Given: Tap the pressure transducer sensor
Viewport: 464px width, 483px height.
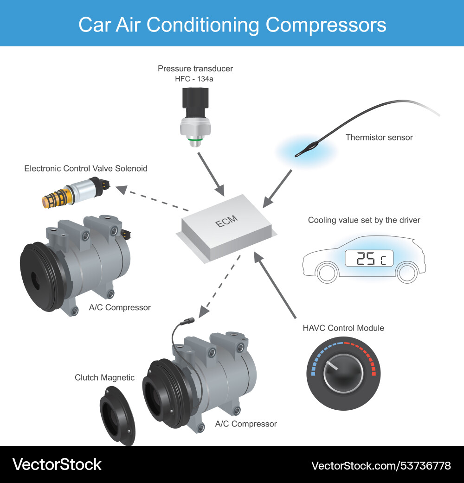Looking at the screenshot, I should click(x=195, y=116).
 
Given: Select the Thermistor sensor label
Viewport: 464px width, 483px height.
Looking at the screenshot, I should click(x=379, y=137).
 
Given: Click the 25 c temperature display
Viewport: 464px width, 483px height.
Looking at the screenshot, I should click(x=369, y=259).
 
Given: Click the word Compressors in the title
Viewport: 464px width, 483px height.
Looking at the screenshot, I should click(x=325, y=24).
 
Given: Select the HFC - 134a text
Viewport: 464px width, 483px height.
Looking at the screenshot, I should click(x=194, y=79).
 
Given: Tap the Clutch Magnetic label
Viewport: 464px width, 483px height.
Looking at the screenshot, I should click(x=105, y=377).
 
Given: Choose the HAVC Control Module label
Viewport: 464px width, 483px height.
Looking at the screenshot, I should click(x=343, y=328).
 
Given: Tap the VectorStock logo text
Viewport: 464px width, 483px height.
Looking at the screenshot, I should click(x=57, y=464).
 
